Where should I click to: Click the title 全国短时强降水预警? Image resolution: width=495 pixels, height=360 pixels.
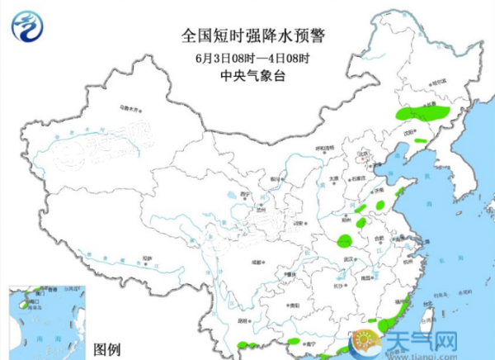pyautogui.click(x=247, y=36)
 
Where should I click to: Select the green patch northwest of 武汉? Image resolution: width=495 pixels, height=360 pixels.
pyautogui.click(x=343, y=241)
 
